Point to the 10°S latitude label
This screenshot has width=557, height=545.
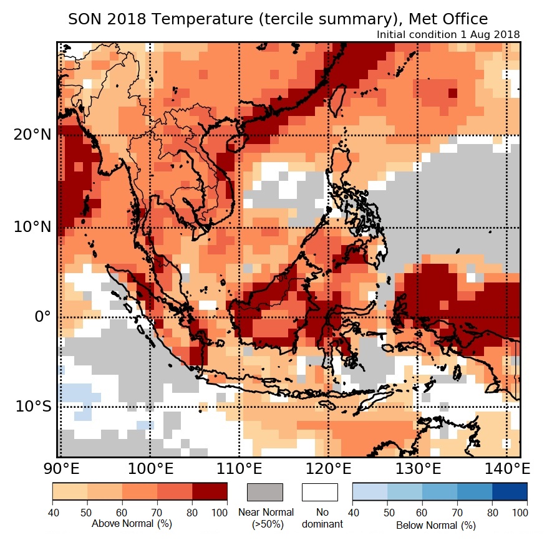tap(31, 407)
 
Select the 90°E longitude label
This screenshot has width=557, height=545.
tap(59, 468)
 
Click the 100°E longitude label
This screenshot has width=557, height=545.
tap(150, 468)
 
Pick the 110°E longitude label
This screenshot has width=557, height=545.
tap(239, 468)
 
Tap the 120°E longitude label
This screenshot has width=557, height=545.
tap(328, 468)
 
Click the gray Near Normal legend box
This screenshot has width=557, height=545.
tap(265, 492)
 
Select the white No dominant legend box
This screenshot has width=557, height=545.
tap(319, 492)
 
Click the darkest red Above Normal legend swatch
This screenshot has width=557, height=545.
tap(210, 491)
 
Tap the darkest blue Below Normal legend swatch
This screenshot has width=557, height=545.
tap(510, 491)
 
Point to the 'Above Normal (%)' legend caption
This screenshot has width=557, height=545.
tap(122, 524)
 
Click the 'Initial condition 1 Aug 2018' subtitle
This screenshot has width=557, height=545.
tap(448, 34)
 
